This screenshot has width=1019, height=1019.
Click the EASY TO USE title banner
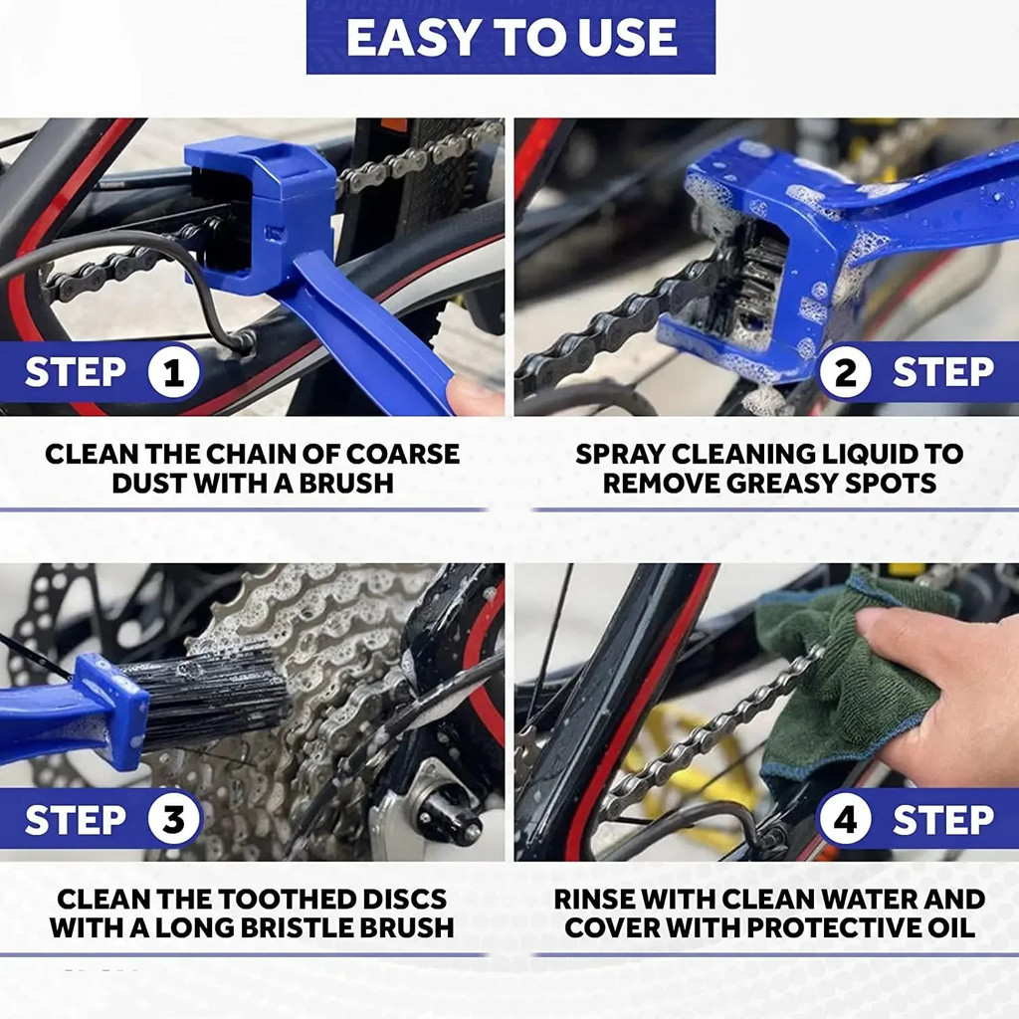pyautogui.click(x=510, y=37)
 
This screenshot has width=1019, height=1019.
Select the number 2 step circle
pyautogui.click(x=845, y=373)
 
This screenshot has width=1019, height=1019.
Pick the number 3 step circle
pyautogui.click(x=174, y=820)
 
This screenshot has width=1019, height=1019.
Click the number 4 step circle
pyautogui.click(x=845, y=820)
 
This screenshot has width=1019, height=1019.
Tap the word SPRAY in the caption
pyautogui.click(x=619, y=455)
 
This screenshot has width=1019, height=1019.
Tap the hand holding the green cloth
pyautogui.click(x=945, y=687)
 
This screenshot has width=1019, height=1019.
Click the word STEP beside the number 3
pyautogui.click(x=76, y=820)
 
